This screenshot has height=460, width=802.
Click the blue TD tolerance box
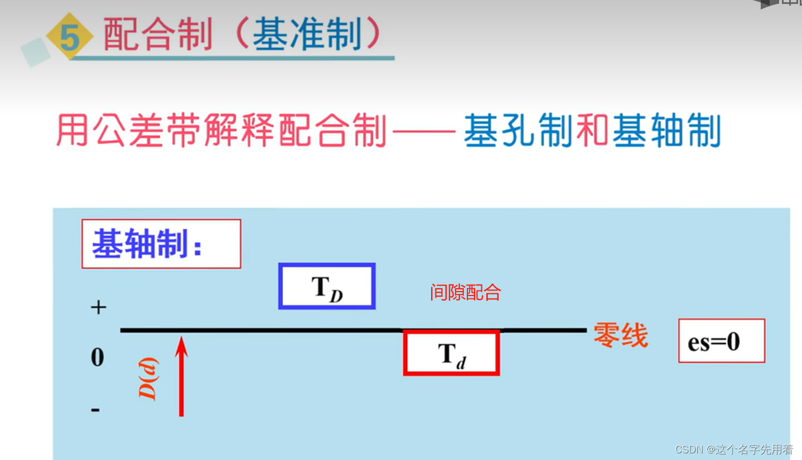(x=327, y=287)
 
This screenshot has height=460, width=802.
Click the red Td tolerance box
(x=451, y=354)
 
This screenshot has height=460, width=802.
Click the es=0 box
(x=721, y=341)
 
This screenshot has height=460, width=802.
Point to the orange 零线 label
(x=620, y=336)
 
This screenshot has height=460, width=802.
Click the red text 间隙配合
(x=465, y=292)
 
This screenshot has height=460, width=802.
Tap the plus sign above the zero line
(x=98, y=307)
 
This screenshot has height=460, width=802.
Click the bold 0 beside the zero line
(x=98, y=356)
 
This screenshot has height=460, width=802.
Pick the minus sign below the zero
(x=95, y=410)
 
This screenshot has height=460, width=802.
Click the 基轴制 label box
(x=161, y=244)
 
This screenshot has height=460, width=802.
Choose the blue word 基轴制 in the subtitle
(x=666, y=131)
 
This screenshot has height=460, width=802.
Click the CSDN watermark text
(x=734, y=449)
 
